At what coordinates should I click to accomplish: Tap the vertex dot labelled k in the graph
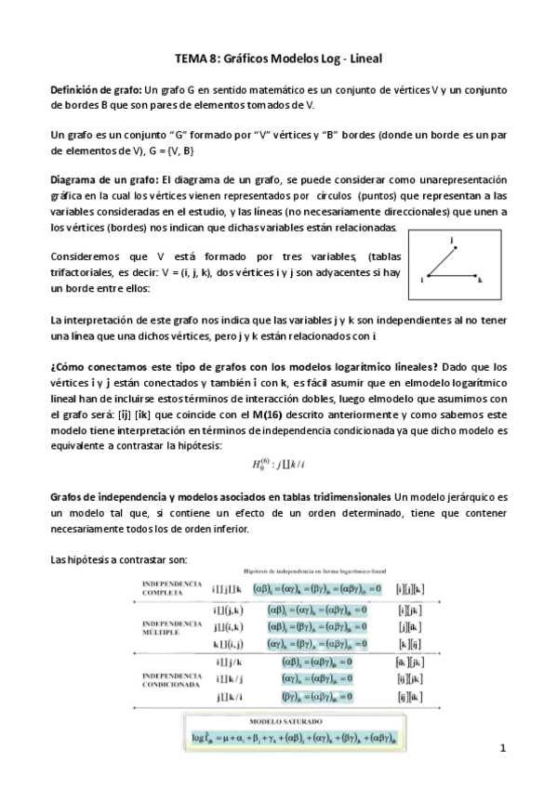coord(476,277)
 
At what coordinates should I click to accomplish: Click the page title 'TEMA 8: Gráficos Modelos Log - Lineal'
coord(279,58)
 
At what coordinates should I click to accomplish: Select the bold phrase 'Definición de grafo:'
coord(96,90)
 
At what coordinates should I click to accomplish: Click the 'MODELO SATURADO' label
coord(277,721)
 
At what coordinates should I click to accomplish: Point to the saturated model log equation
coord(278,738)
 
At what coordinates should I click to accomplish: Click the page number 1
coord(500,748)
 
